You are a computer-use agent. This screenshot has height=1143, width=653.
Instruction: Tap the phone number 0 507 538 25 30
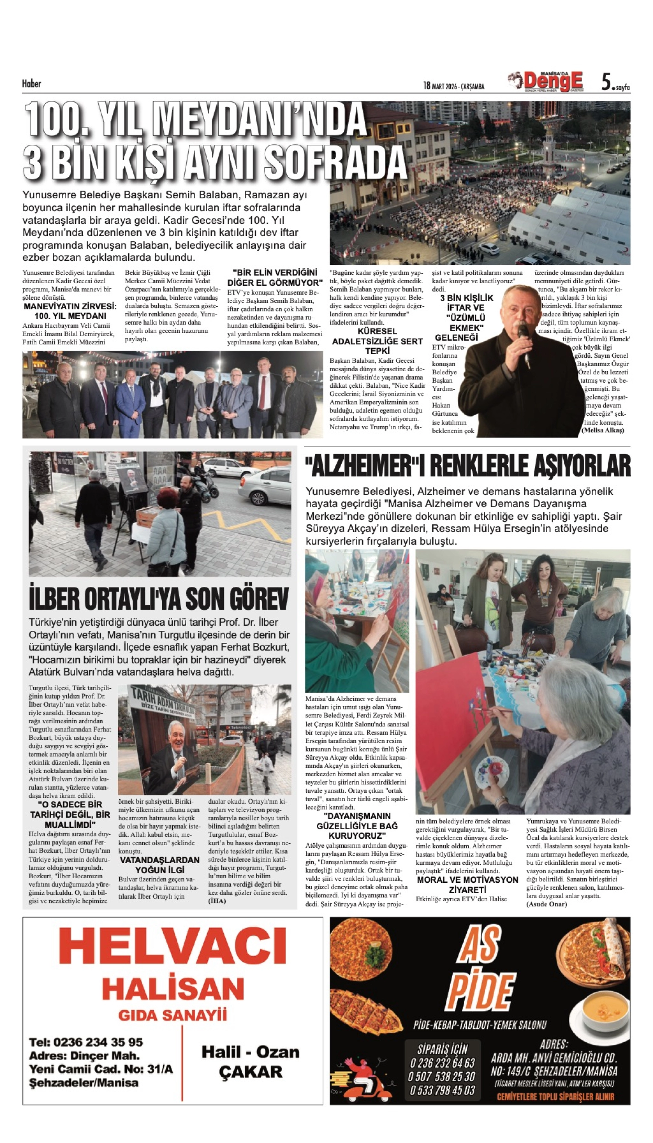click(x=441, y=1077)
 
